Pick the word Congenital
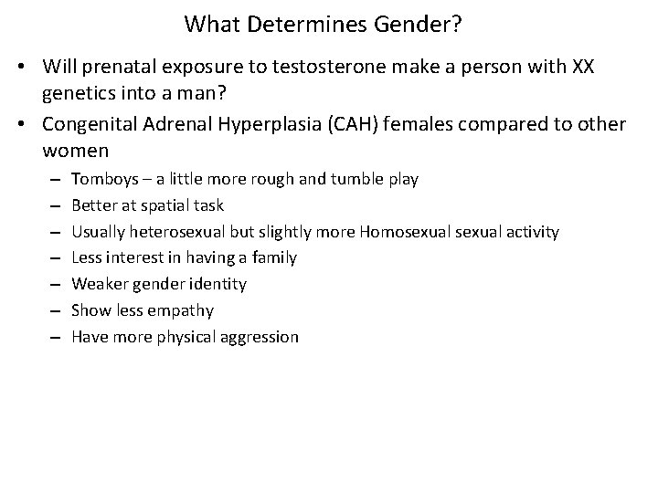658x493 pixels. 89,124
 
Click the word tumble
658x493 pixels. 345,179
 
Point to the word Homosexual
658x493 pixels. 402,232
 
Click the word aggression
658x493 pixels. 260,337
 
